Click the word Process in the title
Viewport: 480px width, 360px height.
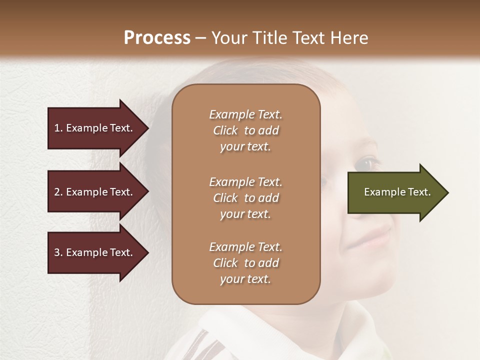tap(157, 38)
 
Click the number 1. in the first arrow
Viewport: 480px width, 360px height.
tap(58, 128)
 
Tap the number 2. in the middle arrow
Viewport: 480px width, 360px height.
tap(58, 192)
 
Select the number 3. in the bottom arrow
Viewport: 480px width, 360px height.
tap(58, 252)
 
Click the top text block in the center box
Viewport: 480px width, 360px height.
tap(245, 130)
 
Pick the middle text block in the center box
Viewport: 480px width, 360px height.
tap(245, 198)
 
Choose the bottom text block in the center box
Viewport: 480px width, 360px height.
tap(245, 263)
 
